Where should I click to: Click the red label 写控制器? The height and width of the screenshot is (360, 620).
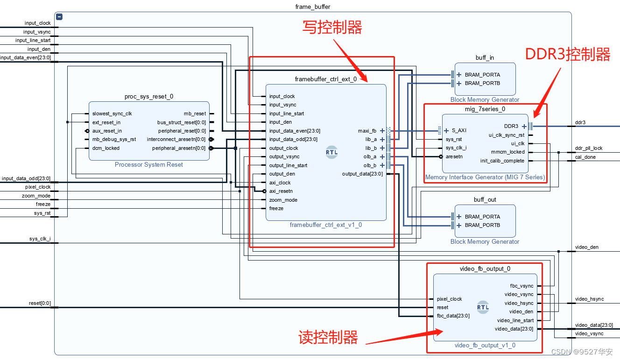click(x=332, y=28)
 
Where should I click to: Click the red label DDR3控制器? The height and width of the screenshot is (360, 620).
click(x=568, y=55)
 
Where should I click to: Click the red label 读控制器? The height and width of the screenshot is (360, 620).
click(x=328, y=337)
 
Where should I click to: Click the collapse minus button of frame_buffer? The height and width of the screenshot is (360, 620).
click(x=59, y=17)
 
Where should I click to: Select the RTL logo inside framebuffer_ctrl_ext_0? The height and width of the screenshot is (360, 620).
click(x=332, y=152)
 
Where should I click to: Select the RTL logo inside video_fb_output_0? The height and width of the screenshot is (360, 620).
click(x=483, y=307)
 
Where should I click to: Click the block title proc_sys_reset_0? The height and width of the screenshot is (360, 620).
click(x=148, y=97)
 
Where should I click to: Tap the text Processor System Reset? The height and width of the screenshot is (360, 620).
click(x=148, y=165)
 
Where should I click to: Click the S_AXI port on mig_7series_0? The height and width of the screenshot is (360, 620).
click(x=458, y=131)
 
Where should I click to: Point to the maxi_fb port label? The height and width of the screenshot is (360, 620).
click(x=367, y=131)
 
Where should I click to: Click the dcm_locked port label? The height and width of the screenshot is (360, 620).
click(x=106, y=148)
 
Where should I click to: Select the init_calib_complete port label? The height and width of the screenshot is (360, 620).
click(x=502, y=161)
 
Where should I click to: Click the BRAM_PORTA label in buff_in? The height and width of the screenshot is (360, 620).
click(x=482, y=75)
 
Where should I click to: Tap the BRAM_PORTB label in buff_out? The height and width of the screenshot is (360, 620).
click(x=482, y=225)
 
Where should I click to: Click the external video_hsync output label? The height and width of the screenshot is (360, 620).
click(x=589, y=299)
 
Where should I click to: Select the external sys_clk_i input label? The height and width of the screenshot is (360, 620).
click(x=40, y=239)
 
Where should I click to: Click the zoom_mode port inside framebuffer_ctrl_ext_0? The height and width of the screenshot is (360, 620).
click(x=283, y=200)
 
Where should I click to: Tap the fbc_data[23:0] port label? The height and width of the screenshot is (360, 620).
click(x=453, y=316)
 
